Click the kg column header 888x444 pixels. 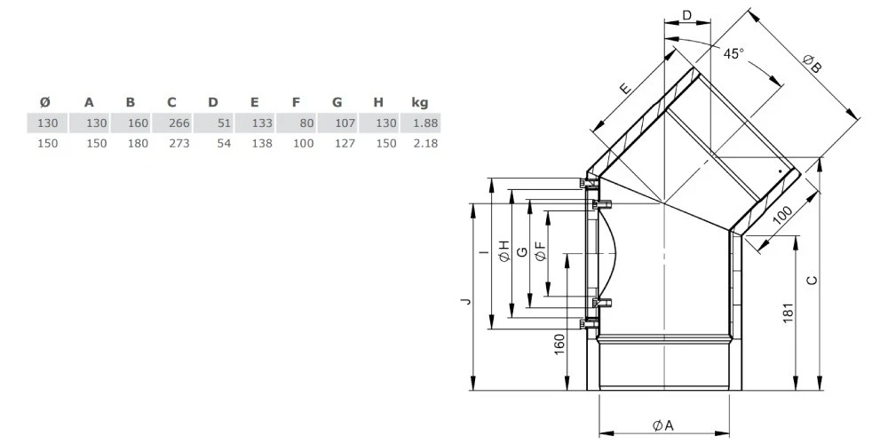tap(420, 102)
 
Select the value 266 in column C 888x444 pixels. tap(179, 123)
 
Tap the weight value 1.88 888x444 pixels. tap(426, 123)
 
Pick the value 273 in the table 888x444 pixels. tap(179, 143)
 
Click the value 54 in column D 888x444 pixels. tap(225, 143)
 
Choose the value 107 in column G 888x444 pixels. tap(345, 123)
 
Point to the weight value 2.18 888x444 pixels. tap(426, 143)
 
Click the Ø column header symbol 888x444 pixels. tap(45, 102)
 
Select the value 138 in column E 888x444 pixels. tap(262, 143)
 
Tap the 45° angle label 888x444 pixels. tap(734, 54)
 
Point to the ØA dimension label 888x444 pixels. tap(662, 425)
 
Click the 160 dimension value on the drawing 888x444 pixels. tap(559, 345)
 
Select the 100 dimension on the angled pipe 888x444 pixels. tap(782, 215)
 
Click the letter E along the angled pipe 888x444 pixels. tap(624, 88)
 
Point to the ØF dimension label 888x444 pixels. tap(540, 251)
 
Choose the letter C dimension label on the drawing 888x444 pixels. tap(812, 280)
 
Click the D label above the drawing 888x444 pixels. tap(687, 15)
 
